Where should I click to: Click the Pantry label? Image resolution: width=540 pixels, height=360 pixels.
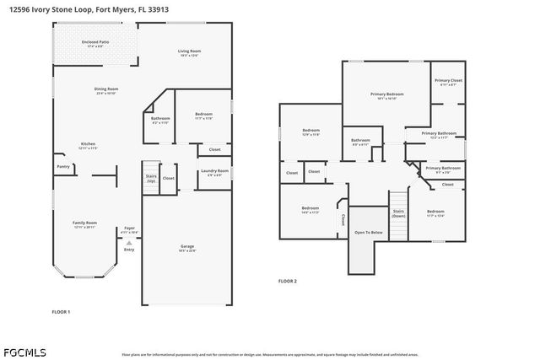pyautogui.click(x=63, y=167)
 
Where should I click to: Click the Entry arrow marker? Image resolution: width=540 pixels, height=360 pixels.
pyautogui.click(x=129, y=242)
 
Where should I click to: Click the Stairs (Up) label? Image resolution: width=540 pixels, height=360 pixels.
pyautogui.click(x=151, y=178)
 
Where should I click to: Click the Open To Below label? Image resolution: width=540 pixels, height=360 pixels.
pyautogui.click(x=369, y=232)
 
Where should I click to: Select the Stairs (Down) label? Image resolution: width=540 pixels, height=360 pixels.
pyautogui.click(x=398, y=213)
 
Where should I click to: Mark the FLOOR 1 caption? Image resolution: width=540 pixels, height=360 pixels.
pyautogui.click(x=61, y=312)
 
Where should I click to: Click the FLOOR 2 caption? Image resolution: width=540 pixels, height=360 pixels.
pyautogui.click(x=288, y=281)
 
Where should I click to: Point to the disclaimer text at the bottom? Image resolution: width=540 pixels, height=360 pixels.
pyautogui.click(x=270, y=355)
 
